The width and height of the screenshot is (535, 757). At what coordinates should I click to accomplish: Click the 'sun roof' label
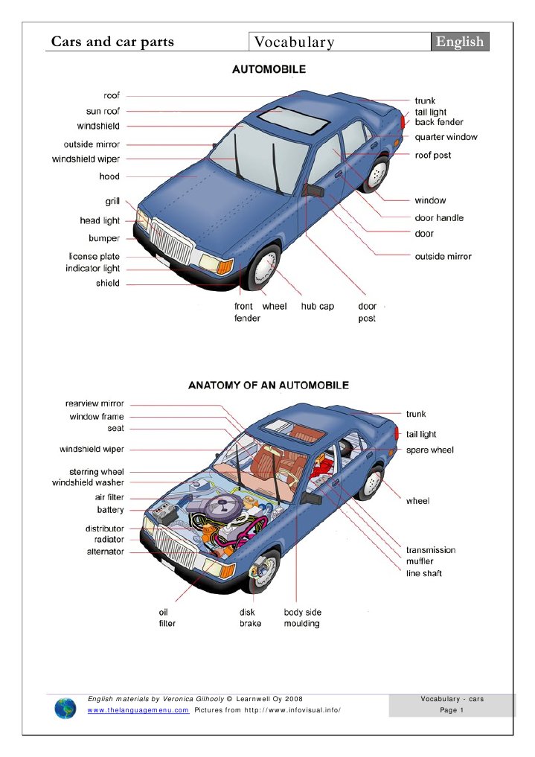point(103,111)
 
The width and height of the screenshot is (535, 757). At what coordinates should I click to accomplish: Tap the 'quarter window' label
point(446,137)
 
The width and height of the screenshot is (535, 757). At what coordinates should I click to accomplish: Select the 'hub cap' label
point(318,306)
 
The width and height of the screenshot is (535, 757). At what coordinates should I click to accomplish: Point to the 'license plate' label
point(94,256)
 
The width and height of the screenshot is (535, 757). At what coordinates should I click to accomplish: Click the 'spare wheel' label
point(429,450)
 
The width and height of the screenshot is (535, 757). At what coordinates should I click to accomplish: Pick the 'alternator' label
point(106,552)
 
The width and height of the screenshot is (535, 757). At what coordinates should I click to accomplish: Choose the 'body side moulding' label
point(302,618)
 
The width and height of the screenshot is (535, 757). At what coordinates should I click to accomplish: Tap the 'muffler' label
point(420,561)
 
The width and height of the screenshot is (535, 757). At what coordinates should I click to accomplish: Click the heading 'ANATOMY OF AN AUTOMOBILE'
point(268,386)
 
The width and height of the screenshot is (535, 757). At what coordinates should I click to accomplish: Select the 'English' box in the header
point(460,42)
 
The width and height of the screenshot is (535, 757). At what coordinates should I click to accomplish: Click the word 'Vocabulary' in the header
point(294,42)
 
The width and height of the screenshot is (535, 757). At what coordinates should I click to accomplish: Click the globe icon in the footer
point(65,708)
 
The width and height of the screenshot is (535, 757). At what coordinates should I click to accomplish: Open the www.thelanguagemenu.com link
point(138,711)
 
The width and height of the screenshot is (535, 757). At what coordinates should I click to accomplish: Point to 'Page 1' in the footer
point(452,710)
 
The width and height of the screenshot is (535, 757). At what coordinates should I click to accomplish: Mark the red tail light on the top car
point(403,121)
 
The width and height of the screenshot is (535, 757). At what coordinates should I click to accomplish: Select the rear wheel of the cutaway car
point(370,483)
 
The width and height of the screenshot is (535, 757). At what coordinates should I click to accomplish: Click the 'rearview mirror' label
point(94,403)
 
